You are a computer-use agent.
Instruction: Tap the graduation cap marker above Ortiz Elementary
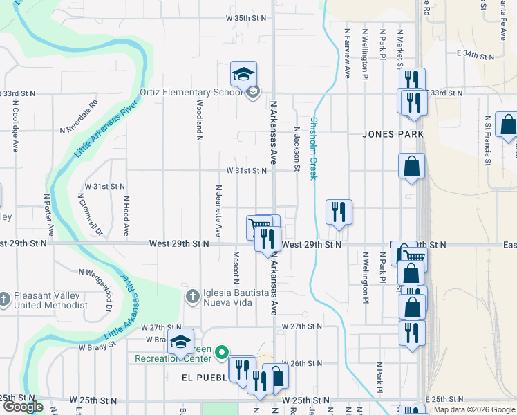pyautogui.click(x=243, y=73)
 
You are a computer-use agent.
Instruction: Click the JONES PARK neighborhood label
pyautogui.click(x=392, y=133)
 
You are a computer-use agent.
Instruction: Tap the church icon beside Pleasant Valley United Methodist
pyautogui.click(x=5, y=299)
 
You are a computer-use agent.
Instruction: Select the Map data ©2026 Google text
pyautogui.click(x=474, y=409)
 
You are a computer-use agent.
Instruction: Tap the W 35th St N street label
pyautogui.click(x=246, y=18)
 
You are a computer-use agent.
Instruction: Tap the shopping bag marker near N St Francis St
pyautogui.click(x=507, y=124)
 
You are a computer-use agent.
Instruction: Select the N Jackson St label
pyautogui.click(x=297, y=148)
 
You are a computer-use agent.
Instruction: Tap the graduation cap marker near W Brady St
pyautogui.click(x=180, y=342)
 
